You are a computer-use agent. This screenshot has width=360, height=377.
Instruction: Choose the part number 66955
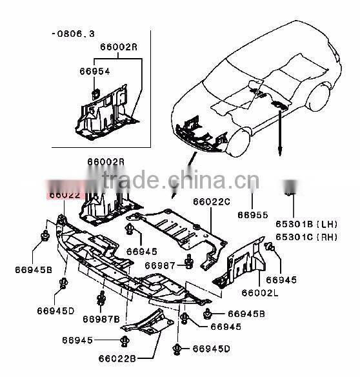[252, 214]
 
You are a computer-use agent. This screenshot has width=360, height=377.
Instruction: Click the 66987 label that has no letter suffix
[159, 265]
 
